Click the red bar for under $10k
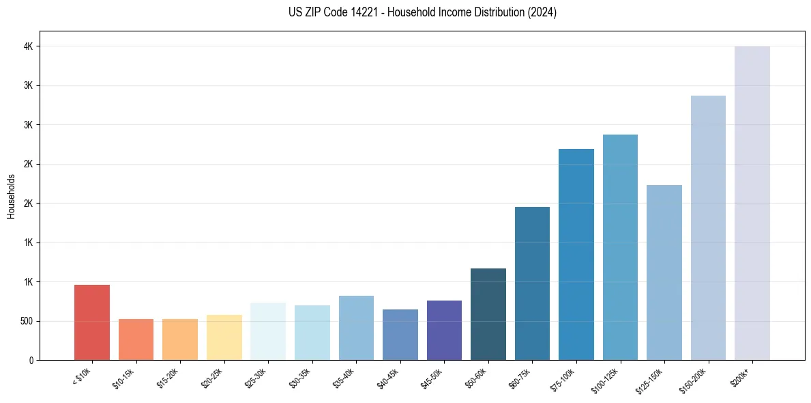click(x=91, y=322)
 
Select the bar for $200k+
click(x=752, y=203)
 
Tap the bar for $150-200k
click(x=708, y=227)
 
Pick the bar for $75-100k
click(x=576, y=254)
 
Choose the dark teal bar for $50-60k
click(x=488, y=314)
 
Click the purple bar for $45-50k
click(x=444, y=330)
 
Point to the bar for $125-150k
click(x=664, y=273)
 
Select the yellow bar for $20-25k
click(x=224, y=337)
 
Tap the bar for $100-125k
click(x=620, y=247)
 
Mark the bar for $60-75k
click(x=532, y=283)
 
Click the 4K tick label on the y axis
click(x=28, y=46)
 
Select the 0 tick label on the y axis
click(x=31, y=360)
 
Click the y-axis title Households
click(x=11, y=196)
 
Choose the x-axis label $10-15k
click(x=125, y=378)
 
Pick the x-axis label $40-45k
click(x=389, y=378)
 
